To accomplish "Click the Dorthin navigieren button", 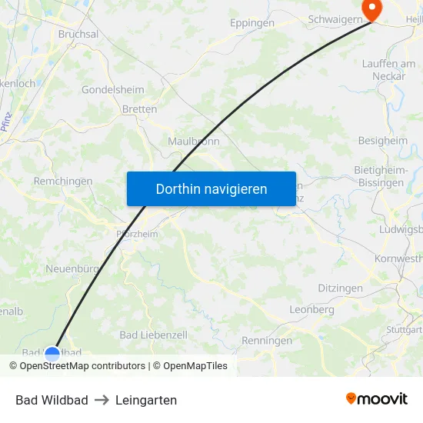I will coord(211,188).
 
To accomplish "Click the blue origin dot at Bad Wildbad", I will coord(52,354).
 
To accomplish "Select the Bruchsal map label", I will coord(78,35).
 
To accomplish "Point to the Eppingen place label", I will coord(252,23).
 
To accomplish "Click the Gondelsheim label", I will coord(113,90).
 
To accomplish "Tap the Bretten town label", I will coord(139,109).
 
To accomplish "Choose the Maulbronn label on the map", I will coord(194,142).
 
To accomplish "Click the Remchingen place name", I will coord(63,182).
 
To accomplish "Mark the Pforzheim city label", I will coord(136,234).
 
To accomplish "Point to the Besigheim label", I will coord(383,141).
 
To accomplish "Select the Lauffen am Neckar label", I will coord(389,69).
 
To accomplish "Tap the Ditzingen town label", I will coord(340,288).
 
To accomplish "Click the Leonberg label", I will coord(311,309).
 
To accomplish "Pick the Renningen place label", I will coord(267,340).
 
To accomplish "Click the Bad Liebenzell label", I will coord(154,335).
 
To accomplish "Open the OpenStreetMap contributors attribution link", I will coord(82,366).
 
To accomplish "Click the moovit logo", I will coord(377,399).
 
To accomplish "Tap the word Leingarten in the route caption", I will coord(146,400).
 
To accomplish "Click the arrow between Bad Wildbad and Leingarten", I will coord(102,400).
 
